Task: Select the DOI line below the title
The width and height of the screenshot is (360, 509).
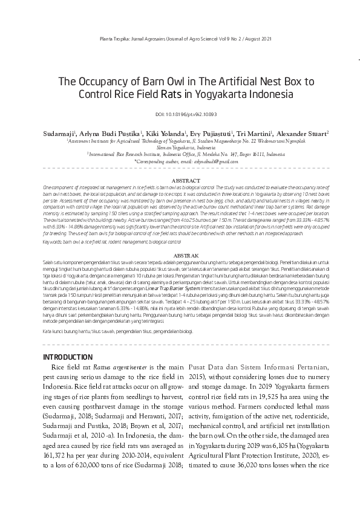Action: click(x=180, y=114)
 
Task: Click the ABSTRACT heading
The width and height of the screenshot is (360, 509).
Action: click(x=180, y=181)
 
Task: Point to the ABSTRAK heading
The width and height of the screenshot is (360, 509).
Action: click(x=180, y=257)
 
